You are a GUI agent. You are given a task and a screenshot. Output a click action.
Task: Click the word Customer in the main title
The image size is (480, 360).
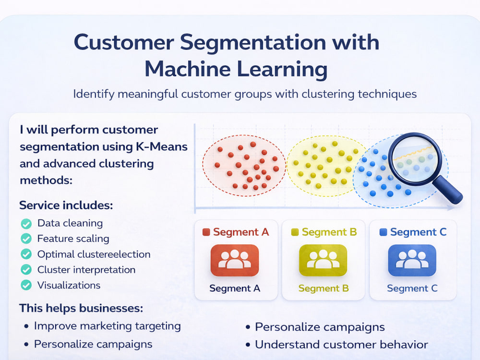[x=124, y=42]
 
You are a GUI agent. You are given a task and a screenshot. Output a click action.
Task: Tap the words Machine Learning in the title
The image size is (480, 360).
[x=236, y=69]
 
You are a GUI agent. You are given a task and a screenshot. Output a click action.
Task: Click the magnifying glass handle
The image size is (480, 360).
[x=447, y=190]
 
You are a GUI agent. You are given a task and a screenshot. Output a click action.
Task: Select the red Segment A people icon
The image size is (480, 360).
[x=235, y=260]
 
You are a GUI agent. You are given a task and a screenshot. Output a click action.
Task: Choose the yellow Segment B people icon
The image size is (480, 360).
[x=323, y=260]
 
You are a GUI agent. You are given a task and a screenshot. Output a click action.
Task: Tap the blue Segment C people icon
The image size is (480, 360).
[x=412, y=260]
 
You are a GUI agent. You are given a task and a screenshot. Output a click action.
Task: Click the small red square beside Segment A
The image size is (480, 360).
[x=206, y=232]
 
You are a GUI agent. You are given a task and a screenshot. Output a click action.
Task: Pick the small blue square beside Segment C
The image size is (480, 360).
[x=383, y=232]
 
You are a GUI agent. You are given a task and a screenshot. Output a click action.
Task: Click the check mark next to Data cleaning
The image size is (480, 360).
[x=26, y=224]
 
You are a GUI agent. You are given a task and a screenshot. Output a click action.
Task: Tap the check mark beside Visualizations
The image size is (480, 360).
[x=26, y=285]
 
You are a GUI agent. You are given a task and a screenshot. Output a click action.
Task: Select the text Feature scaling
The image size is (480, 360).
[x=73, y=239]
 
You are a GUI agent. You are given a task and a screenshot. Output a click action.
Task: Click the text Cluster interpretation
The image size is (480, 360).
[x=86, y=270]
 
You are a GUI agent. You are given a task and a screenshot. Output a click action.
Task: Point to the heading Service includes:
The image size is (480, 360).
[x=66, y=205]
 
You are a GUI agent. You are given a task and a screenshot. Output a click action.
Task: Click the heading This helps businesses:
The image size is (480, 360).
[x=81, y=308]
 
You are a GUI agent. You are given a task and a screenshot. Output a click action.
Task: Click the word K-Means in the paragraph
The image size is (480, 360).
[x=162, y=146]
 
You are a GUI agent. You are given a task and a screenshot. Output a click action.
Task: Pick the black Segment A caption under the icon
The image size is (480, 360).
[x=235, y=288]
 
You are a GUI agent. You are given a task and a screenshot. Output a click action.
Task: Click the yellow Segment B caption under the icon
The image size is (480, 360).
[x=324, y=288]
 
